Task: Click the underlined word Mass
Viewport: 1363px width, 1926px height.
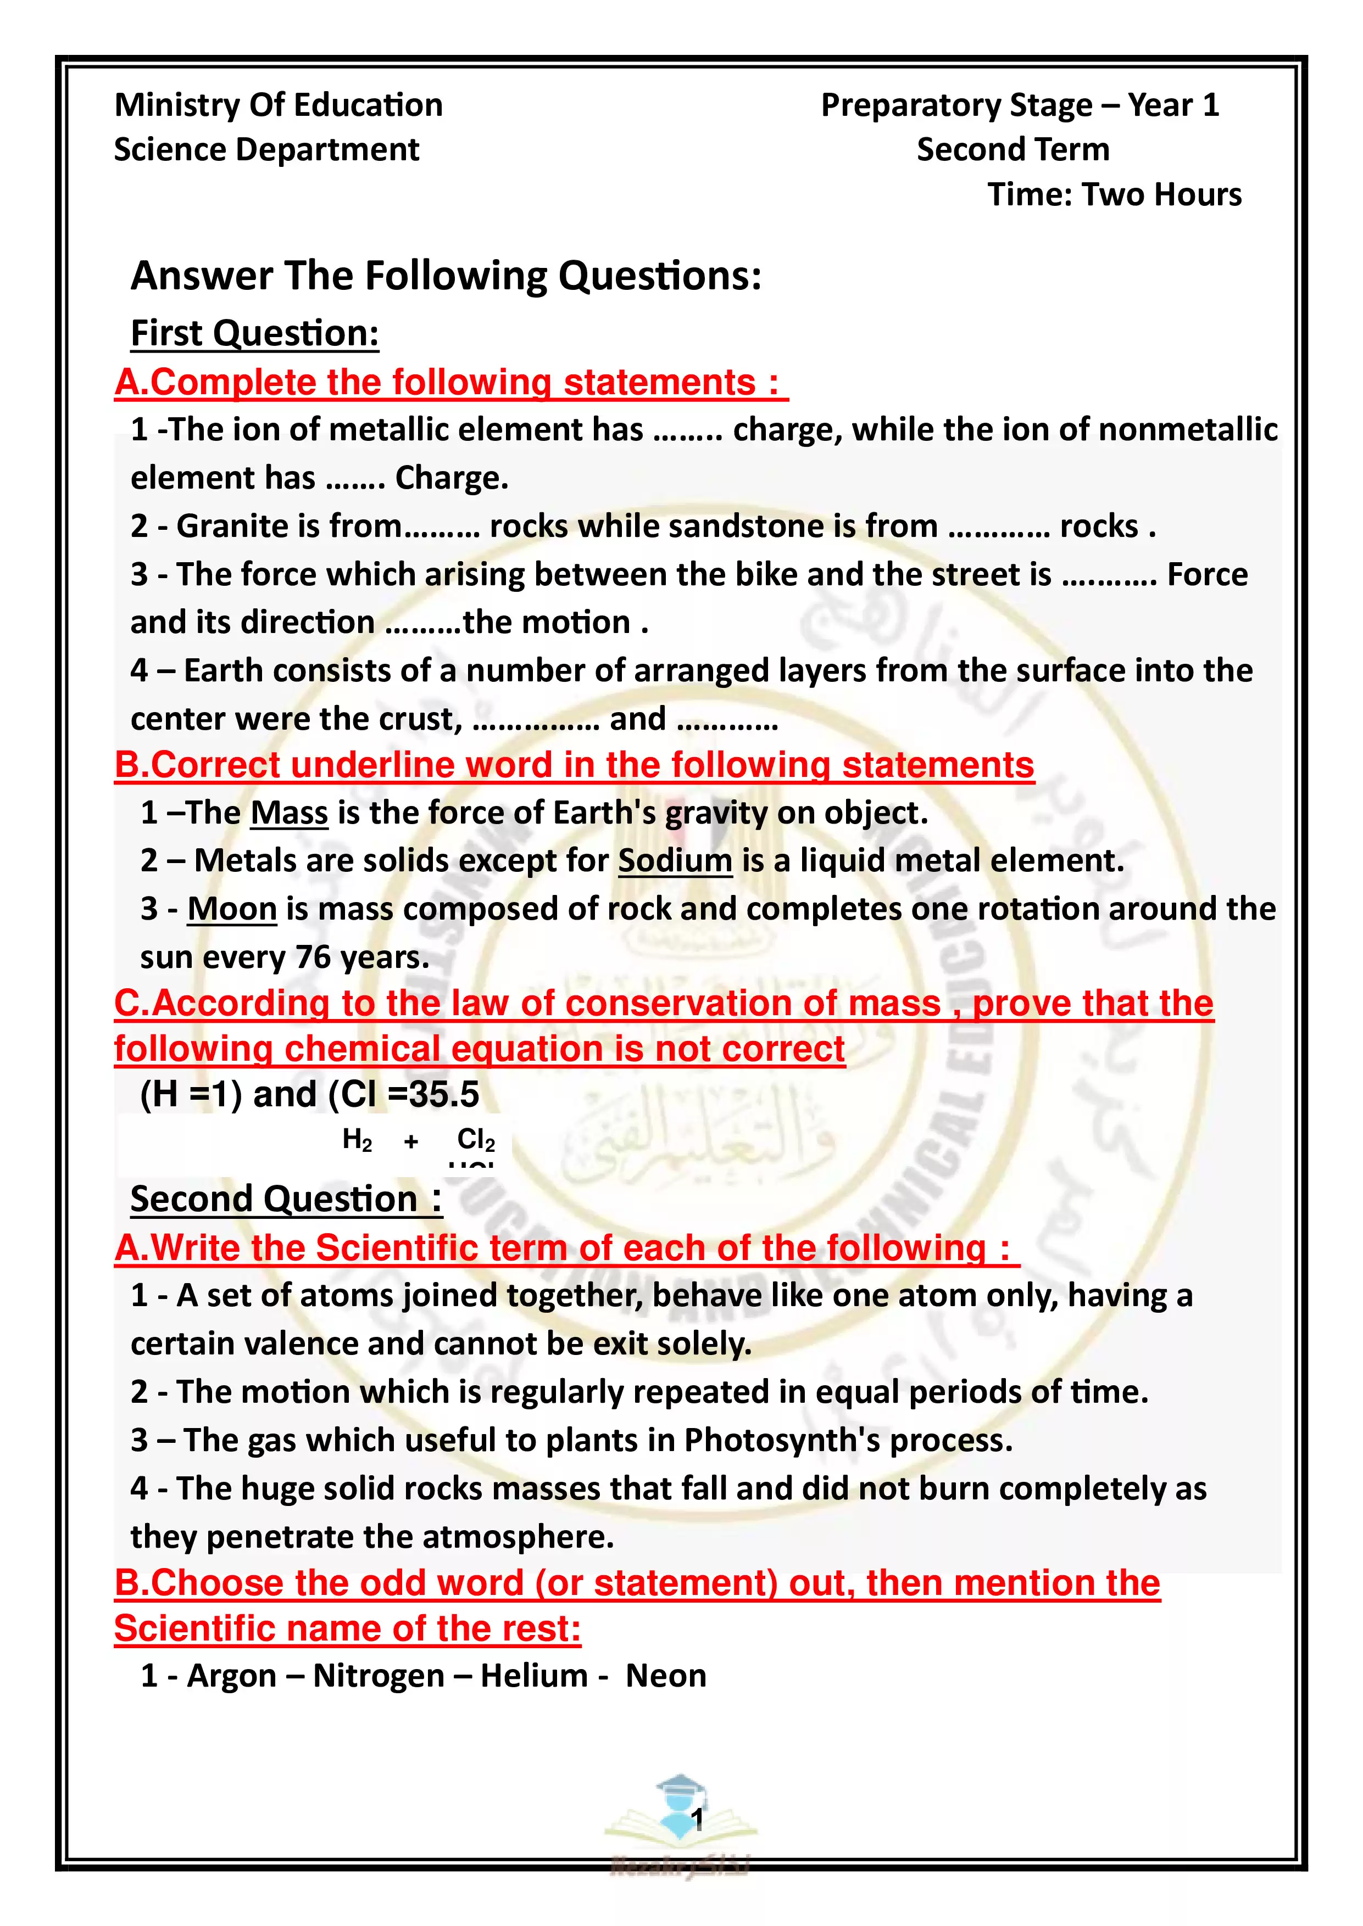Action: pos(289,813)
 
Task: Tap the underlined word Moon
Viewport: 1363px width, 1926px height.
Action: pos(232,909)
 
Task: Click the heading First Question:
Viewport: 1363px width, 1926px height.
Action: pos(254,333)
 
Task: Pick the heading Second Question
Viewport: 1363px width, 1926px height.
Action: pos(285,1199)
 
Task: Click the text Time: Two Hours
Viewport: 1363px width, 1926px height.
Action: pos(1114,194)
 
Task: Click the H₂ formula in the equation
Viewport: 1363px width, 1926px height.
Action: pos(357,1140)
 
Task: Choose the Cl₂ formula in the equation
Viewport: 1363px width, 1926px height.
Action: pos(476,1140)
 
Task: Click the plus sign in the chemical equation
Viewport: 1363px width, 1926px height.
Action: pos(410,1141)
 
